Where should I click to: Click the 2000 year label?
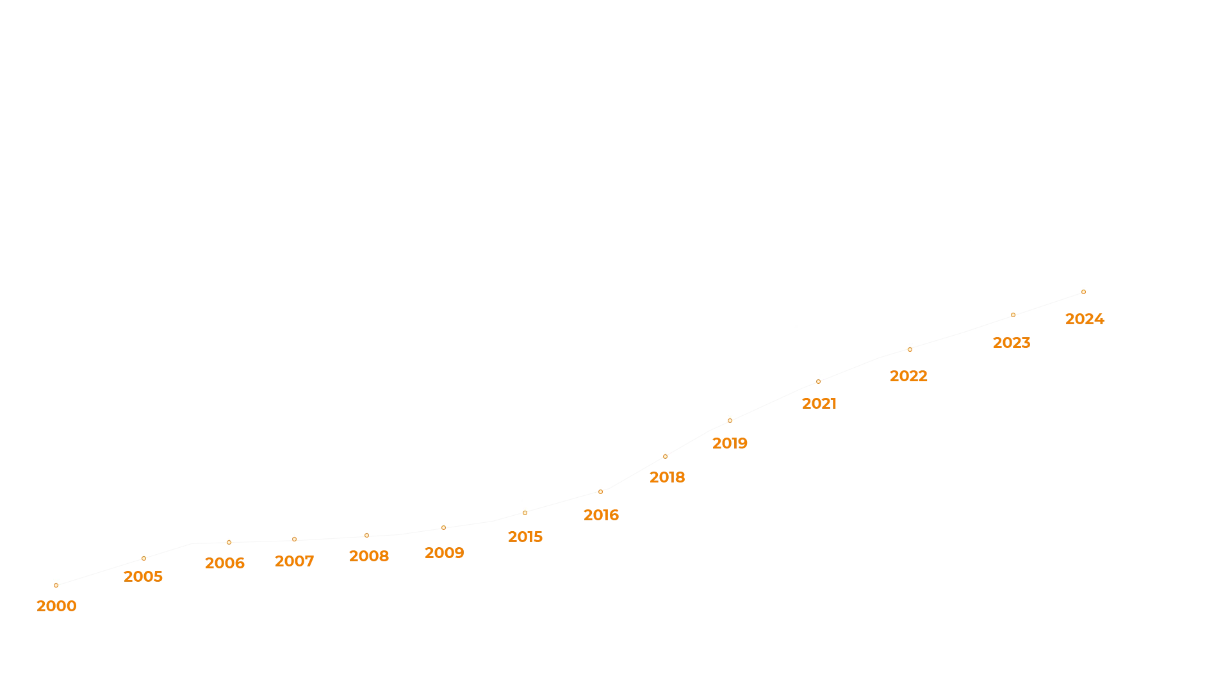pos(56,606)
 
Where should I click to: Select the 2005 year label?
pos(143,577)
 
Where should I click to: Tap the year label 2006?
pos(225,563)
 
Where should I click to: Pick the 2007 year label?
pos(293,561)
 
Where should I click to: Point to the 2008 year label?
pos(369,556)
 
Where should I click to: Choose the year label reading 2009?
pos(445,552)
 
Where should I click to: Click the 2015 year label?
pos(525,536)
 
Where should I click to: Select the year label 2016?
pos(602,515)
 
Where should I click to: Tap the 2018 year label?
pos(666,478)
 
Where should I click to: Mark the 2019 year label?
pos(730,443)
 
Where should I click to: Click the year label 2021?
pos(819,402)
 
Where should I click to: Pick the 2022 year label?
pos(907,376)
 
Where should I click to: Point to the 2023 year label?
pos(1010,342)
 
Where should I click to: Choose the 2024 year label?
pos(1085,319)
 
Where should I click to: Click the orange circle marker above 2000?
pos(56,585)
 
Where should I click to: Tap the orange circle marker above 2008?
pos(366,535)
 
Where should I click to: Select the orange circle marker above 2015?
pos(525,513)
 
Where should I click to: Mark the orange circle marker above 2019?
pos(730,420)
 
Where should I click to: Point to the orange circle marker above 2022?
pos(910,350)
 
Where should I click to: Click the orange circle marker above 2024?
pos(1083,292)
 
